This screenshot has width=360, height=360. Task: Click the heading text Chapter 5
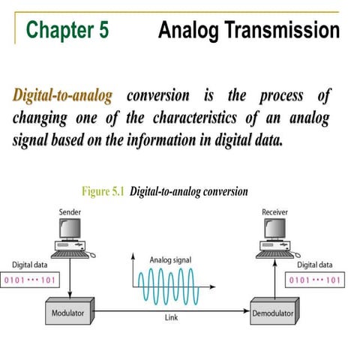(x=67, y=30)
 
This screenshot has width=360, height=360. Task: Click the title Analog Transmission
(x=249, y=30)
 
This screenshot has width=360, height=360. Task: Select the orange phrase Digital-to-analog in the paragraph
(x=62, y=97)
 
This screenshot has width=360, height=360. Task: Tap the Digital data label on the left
(x=30, y=265)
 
